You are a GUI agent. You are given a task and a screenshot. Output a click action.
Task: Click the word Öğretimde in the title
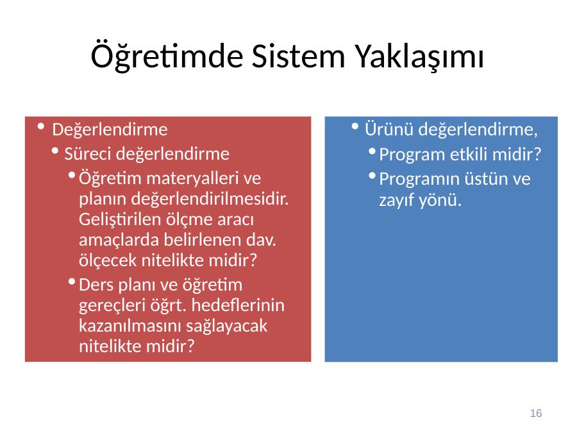pyautogui.click(x=167, y=56)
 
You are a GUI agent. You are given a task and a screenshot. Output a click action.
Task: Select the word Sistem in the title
pyautogui.click(x=298, y=56)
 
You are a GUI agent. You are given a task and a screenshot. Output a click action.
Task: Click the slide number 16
pyautogui.click(x=536, y=413)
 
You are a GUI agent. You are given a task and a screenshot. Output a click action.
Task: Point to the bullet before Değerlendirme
pyautogui.click(x=41, y=127)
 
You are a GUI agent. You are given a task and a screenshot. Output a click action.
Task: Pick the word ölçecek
pyautogui.click(x=108, y=260)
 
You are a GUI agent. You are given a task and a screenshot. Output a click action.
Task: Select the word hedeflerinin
pyautogui.click(x=238, y=305)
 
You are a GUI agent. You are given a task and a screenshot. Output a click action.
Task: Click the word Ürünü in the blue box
pyautogui.click(x=389, y=129)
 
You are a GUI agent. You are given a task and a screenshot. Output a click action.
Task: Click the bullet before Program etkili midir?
pyautogui.click(x=372, y=151)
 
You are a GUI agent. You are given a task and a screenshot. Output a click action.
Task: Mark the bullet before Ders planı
pyautogui.click(x=72, y=282)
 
